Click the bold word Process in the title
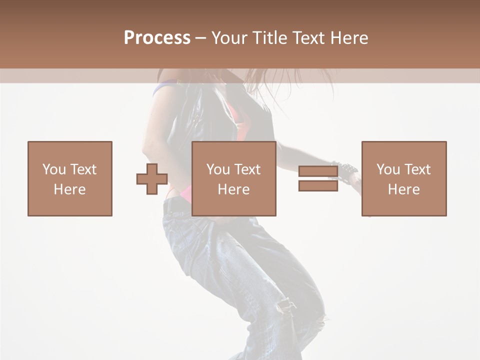click(x=157, y=38)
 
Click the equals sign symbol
click(x=318, y=178)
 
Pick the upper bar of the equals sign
click(x=318, y=171)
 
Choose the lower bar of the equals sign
click(x=318, y=185)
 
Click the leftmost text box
click(x=70, y=178)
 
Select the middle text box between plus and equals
click(x=234, y=178)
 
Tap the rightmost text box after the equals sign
click(x=404, y=178)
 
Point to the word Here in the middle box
click(x=234, y=189)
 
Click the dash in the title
click(x=201, y=38)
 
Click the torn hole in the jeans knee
click(x=286, y=305)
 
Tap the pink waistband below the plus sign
click(x=182, y=192)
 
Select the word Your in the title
click(x=228, y=38)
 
